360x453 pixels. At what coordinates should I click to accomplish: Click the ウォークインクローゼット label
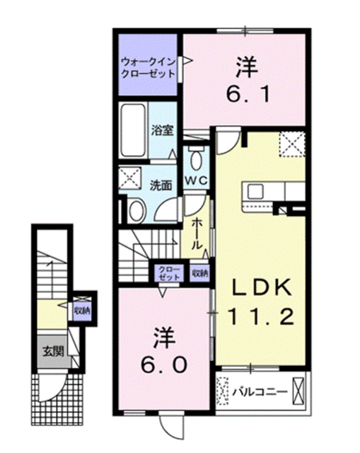(148, 67)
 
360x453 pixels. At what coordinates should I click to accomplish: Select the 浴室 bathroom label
(162, 130)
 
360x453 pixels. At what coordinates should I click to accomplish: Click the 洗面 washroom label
(161, 185)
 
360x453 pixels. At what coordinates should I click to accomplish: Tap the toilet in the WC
(196, 156)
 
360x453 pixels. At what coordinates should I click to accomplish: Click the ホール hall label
(197, 234)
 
